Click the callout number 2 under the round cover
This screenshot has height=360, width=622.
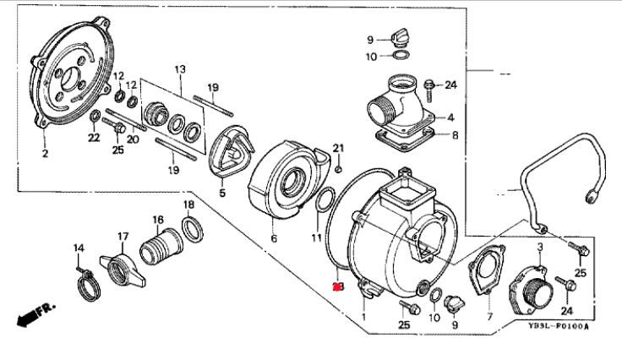point(45,154)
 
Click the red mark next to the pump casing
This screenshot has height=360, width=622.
point(338,288)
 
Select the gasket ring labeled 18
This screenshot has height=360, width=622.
point(192,228)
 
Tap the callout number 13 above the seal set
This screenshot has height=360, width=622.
point(179,68)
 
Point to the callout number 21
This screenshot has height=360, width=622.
point(338,149)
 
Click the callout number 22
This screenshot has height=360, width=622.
point(95,139)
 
